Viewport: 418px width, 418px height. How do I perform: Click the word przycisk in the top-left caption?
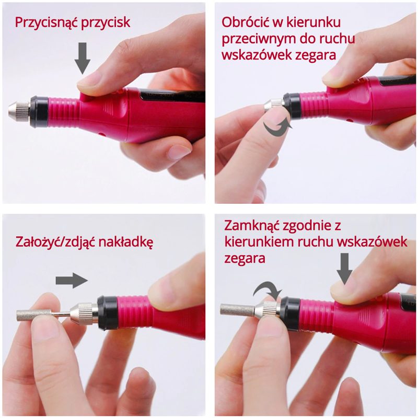pyautogui.click(x=106, y=23)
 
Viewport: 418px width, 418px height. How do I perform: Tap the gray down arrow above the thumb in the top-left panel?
pyautogui.click(x=83, y=59)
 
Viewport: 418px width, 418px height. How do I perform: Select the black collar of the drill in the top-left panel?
pyautogui.click(x=39, y=112)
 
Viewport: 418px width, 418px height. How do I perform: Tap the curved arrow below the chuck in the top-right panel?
pyautogui.click(x=277, y=127)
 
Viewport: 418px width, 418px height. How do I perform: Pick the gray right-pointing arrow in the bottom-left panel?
pyautogui.click(x=72, y=281)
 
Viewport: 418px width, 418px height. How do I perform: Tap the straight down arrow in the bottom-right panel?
pyautogui.click(x=344, y=269)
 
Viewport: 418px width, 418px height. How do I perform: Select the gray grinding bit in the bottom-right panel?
pyautogui.click(x=237, y=309)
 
